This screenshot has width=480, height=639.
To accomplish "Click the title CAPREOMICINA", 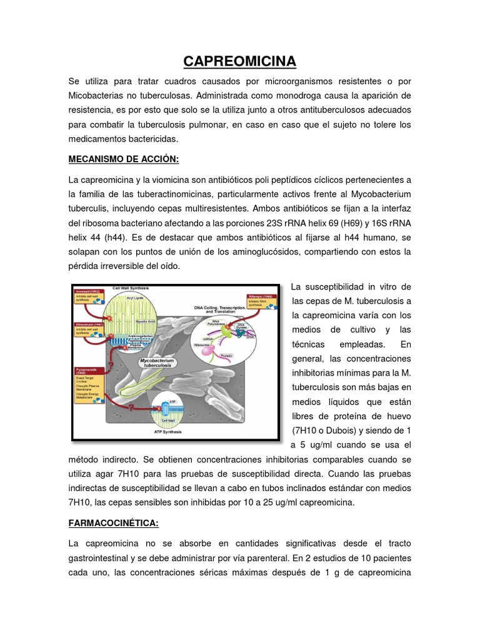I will click(x=239, y=61).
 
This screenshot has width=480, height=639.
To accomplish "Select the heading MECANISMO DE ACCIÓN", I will click(x=124, y=159).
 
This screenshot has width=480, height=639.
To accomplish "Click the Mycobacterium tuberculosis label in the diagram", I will click(x=157, y=364).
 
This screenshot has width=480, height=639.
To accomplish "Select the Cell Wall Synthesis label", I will click(x=133, y=288).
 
